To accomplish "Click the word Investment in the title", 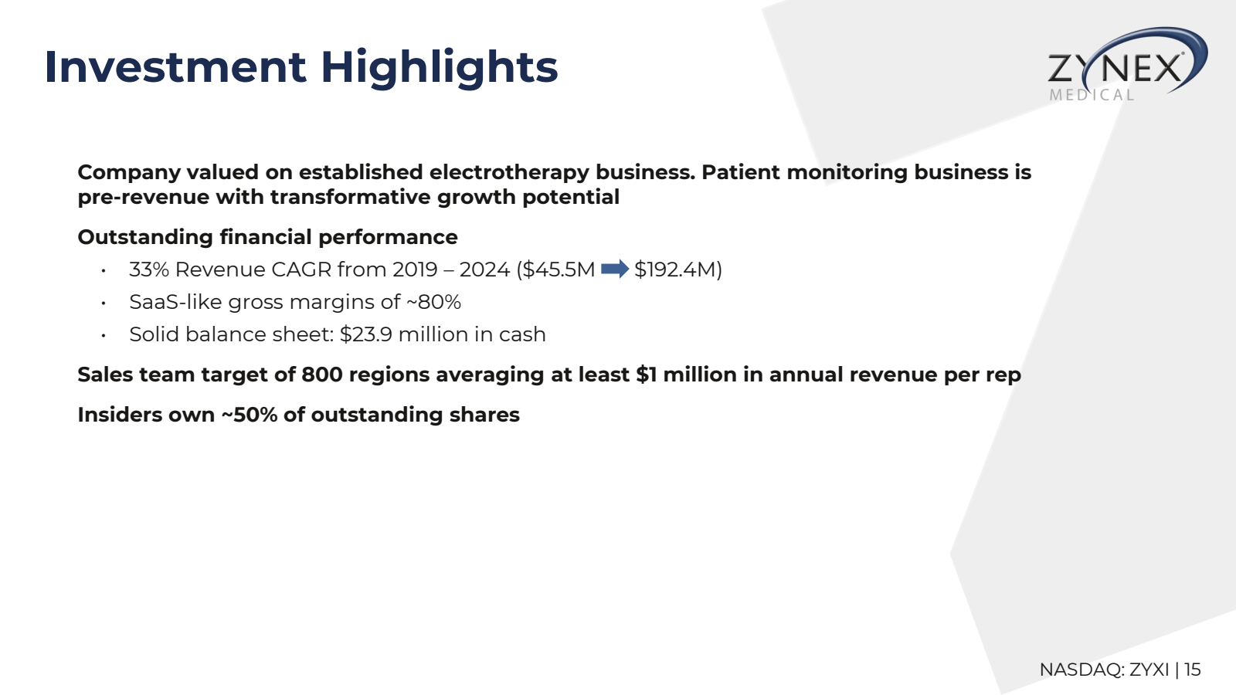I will (x=175, y=67).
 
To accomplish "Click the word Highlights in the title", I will (x=439, y=67).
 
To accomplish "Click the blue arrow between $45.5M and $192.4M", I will (x=615, y=269).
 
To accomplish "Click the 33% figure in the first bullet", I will (x=148, y=270).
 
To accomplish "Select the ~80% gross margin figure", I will (x=433, y=302).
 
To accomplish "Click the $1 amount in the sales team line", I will (x=646, y=375).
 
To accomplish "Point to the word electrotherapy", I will (x=509, y=172).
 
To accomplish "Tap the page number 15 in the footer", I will (x=1192, y=670).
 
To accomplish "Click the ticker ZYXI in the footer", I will (x=1149, y=670).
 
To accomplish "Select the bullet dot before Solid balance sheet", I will (x=103, y=335).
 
